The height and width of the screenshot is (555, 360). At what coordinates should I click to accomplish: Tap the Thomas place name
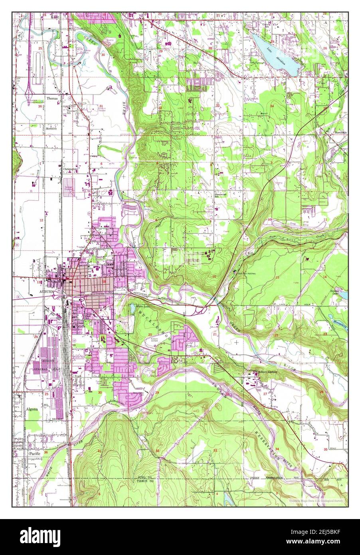[x=52, y=98]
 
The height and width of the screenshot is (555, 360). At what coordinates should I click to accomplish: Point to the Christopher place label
[x=69, y=169]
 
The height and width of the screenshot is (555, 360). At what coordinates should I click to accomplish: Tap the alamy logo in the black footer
[x=36, y=536]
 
